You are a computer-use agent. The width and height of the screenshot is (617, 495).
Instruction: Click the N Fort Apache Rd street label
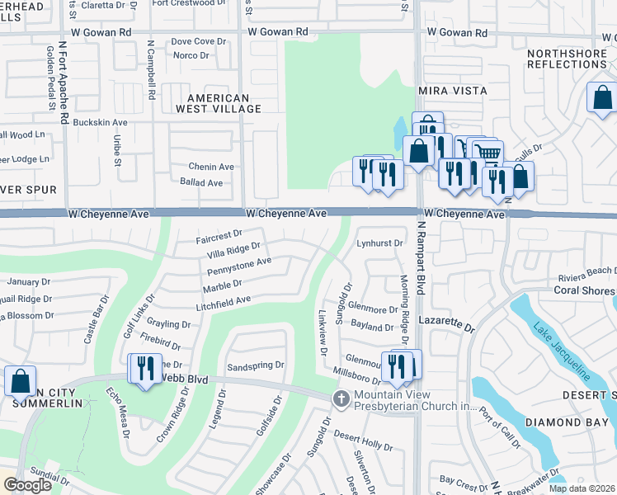63,78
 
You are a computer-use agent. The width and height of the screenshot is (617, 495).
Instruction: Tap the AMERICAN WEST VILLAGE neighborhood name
218,102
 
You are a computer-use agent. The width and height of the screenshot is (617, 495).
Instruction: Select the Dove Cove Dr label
198,41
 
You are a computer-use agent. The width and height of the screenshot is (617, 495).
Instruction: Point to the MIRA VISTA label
453,90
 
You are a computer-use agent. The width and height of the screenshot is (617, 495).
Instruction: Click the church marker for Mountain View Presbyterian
340,399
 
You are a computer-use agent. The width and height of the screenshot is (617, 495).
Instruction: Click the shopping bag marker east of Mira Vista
602,97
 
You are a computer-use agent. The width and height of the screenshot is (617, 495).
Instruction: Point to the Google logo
26,485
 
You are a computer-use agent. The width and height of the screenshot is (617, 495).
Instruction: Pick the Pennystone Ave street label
239,267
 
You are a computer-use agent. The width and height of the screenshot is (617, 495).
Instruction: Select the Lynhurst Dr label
379,243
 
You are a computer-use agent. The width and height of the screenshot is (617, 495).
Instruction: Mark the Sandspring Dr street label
256,364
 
